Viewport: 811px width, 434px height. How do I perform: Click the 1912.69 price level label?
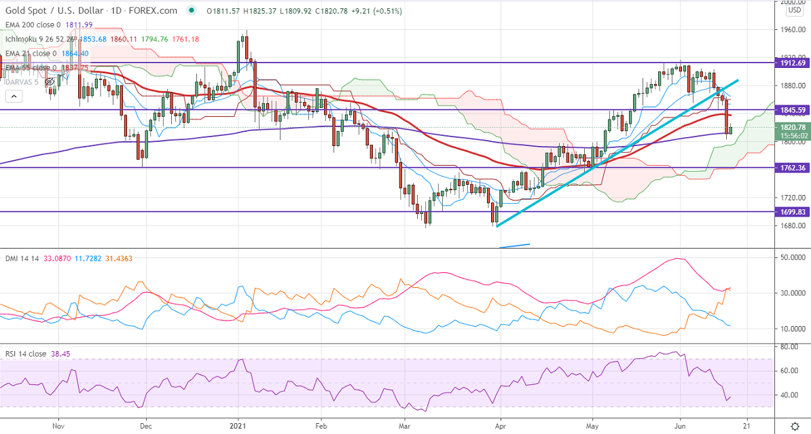(792, 62)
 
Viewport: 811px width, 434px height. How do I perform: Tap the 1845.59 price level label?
(792, 109)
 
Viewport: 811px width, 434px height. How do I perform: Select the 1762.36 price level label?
(792, 167)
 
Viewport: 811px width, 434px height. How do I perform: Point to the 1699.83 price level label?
(792, 211)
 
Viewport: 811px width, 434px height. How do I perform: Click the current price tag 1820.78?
(792, 127)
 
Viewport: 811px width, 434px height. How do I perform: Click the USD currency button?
(794, 11)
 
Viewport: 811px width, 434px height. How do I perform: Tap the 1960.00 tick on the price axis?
(792, 30)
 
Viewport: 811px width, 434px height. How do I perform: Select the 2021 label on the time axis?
(239, 425)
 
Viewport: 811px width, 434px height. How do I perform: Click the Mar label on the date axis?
(405, 425)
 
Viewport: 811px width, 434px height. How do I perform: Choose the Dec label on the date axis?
(144, 425)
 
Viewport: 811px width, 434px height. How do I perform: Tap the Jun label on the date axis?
(681, 425)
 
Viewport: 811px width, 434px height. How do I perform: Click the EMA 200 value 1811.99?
(79, 24)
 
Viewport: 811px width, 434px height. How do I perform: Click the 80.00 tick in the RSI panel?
(789, 347)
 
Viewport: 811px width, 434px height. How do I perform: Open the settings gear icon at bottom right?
(794, 425)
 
